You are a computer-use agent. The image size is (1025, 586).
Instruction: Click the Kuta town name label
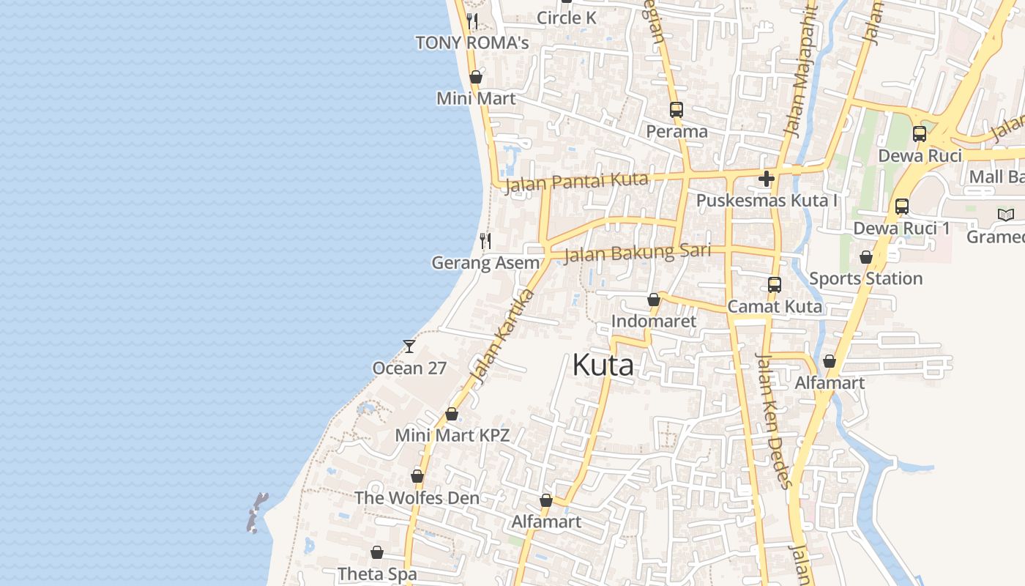pyautogui.click(x=603, y=365)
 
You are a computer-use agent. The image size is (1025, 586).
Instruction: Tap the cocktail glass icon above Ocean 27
pyautogui.click(x=409, y=346)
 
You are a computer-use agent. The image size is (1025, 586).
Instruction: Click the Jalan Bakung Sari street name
pyautogui.click(x=638, y=253)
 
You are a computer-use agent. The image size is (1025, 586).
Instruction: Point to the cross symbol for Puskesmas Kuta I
pyautogui.click(x=767, y=178)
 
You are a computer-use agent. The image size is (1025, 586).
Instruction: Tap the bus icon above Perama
pyautogui.click(x=676, y=110)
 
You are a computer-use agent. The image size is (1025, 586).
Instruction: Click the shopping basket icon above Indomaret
pyautogui.click(x=654, y=300)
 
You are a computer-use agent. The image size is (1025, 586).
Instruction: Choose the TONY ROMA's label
pyautogui.click(x=472, y=43)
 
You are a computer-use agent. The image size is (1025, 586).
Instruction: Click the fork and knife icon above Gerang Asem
pyautogui.click(x=485, y=240)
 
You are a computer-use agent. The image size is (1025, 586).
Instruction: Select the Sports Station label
pyautogui.click(x=865, y=278)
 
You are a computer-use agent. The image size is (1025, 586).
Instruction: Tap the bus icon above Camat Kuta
pyautogui.click(x=775, y=285)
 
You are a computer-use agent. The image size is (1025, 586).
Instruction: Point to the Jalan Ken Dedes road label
pyautogui.click(x=774, y=420)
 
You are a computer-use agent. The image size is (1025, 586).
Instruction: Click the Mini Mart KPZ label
pyautogui.click(x=452, y=435)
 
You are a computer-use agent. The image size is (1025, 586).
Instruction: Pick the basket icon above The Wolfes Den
pyautogui.click(x=417, y=477)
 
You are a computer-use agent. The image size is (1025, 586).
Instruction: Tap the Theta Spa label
pyautogui.click(x=377, y=574)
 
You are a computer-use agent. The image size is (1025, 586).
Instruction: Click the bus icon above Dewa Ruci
pyautogui.click(x=920, y=134)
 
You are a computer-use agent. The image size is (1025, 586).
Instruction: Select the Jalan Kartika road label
pyautogui.click(x=502, y=337)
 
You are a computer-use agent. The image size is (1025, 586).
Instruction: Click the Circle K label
pyautogui.click(x=567, y=18)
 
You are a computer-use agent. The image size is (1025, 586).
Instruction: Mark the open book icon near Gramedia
pyautogui.click(x=1007, y=215)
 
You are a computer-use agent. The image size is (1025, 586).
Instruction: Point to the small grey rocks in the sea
pyautogui.click(x=256, y=512)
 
